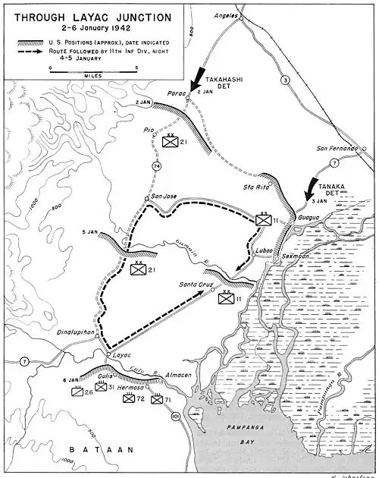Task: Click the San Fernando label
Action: [x=337, y=148]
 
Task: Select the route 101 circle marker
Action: [x=177, y=417]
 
